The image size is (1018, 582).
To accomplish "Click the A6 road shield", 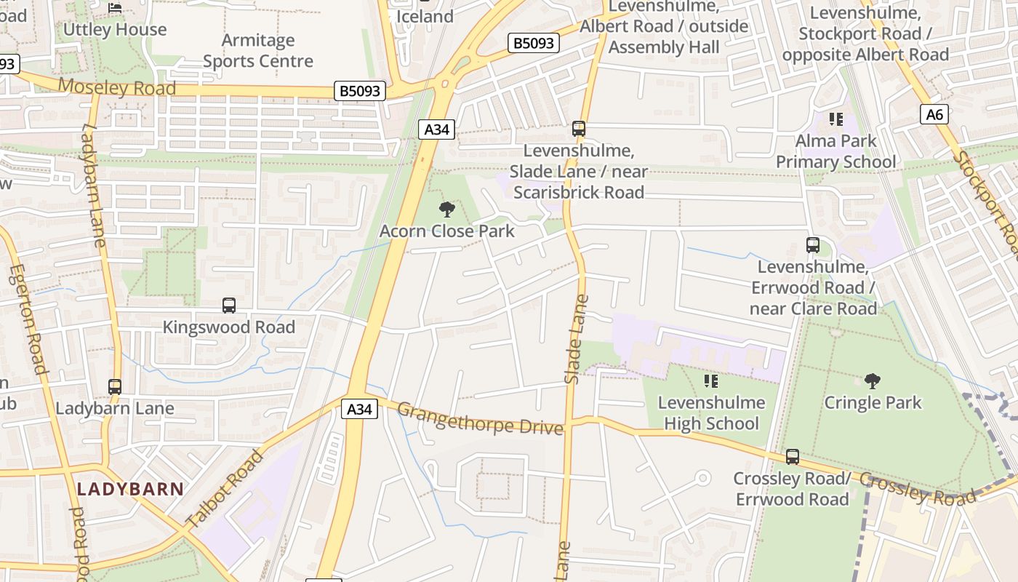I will (x=934, y=114).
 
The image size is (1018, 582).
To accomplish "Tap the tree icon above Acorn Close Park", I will (x=447, y=210).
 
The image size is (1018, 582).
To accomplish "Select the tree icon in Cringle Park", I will (x=872, y=380).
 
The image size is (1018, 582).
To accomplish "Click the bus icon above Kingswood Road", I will (x=229, y=306).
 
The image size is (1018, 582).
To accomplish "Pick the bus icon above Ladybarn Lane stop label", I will (x=115, y=387).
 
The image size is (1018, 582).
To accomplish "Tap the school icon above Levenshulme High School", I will (x=711, y=380).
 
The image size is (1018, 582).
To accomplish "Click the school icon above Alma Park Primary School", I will (x=835, y=119).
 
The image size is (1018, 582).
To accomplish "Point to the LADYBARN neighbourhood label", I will (x=131, y=489).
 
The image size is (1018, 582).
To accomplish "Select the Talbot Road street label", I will (x=224, y=489).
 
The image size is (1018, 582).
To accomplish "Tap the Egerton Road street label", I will (x=28, y=320).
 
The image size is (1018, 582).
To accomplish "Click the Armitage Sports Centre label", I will (x=258, y=50).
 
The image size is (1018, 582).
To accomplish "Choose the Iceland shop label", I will (x=425, y=16).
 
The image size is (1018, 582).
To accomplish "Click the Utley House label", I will (x=115, y=30).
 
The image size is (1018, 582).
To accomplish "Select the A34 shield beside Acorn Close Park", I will (x=436, y=129).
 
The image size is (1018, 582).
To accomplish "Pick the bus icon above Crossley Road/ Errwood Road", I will (x=793, y=457).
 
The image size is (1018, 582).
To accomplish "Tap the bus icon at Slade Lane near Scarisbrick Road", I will (x=579, y=129).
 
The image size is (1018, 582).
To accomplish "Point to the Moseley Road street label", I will (x=116, y=87).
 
